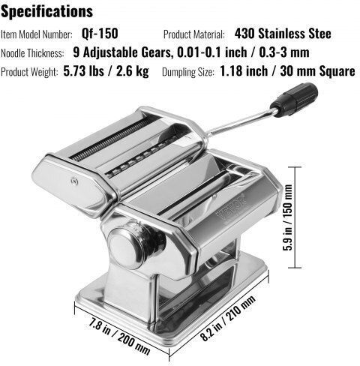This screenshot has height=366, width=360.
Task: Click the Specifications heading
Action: coord(46,11)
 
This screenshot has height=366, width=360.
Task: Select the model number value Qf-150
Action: coord(100,34)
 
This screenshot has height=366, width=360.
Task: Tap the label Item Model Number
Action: coord(37,34)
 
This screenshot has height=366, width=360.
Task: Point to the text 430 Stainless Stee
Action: coord(283,34)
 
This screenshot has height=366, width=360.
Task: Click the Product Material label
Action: coord(194,34)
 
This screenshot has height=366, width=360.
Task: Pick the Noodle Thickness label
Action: coord(32,53)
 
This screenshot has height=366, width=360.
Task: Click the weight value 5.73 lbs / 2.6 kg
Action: coord(106,71)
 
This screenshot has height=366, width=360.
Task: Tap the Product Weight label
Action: coord(29,72)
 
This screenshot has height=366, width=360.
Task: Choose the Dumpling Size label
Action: coord(188,72)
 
